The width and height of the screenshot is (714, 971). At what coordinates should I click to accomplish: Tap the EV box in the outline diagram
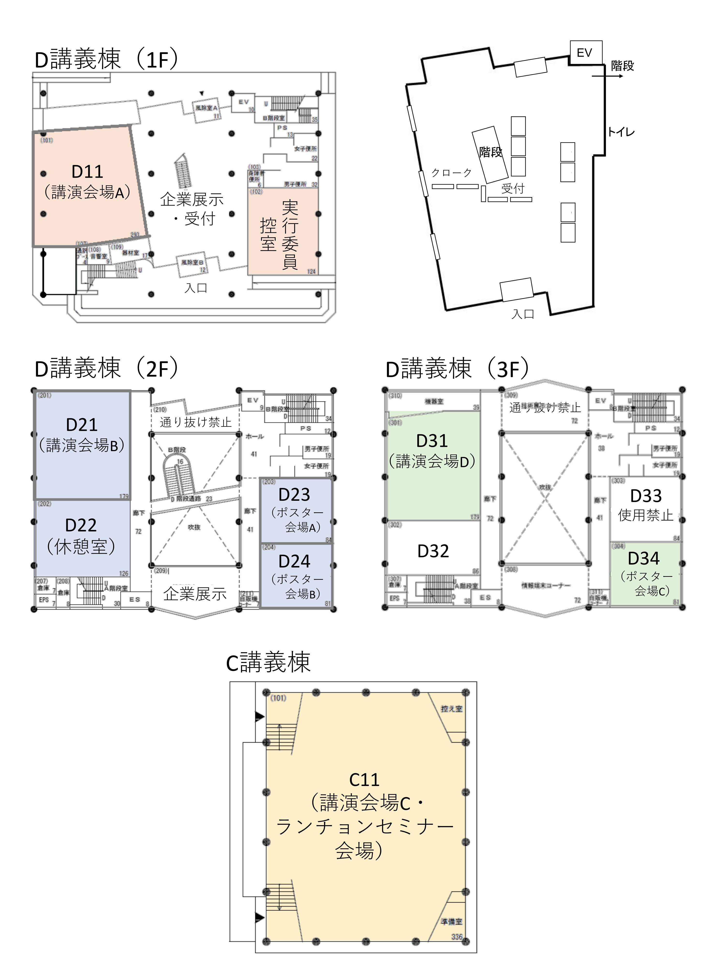coord(585,53)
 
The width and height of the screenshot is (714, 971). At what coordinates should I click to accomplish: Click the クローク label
coord(452,173)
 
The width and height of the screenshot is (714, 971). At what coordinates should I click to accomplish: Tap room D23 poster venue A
coord(296,510)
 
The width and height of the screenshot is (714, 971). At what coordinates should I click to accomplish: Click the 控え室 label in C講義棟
coord(451,709)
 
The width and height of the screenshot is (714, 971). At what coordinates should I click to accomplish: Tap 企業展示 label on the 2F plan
coord(195,594)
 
